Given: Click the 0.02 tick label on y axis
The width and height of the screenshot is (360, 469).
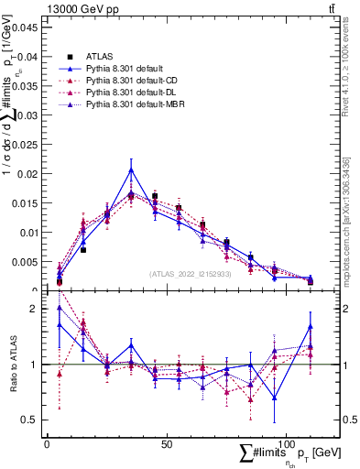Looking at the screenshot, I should tap(25, 174).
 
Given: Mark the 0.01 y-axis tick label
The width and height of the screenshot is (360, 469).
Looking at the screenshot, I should tap(25, 233).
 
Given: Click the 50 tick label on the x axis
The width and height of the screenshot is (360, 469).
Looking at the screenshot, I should tap(167, 443).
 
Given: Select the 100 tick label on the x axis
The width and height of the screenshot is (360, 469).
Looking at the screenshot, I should tap(286, 443).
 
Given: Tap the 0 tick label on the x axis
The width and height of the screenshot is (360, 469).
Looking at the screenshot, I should tap(48, 443).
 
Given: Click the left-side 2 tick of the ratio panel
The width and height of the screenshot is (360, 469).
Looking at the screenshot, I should tap(33, 309).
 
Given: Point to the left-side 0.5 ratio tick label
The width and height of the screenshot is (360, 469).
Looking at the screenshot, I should tap(28, 420).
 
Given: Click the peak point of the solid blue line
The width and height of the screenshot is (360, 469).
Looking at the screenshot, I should tap(131, 169).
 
